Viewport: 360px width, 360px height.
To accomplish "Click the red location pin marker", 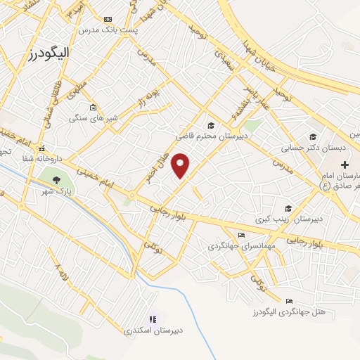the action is tap(181, 165).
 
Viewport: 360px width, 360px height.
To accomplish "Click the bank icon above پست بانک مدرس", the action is tap(107, 20).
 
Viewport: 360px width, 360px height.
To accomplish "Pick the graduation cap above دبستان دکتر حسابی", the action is tap(313, 137).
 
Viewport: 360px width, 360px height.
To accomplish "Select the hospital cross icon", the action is tap(345, 163).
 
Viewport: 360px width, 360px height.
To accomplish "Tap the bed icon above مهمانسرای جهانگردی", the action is tap(242, 235).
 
